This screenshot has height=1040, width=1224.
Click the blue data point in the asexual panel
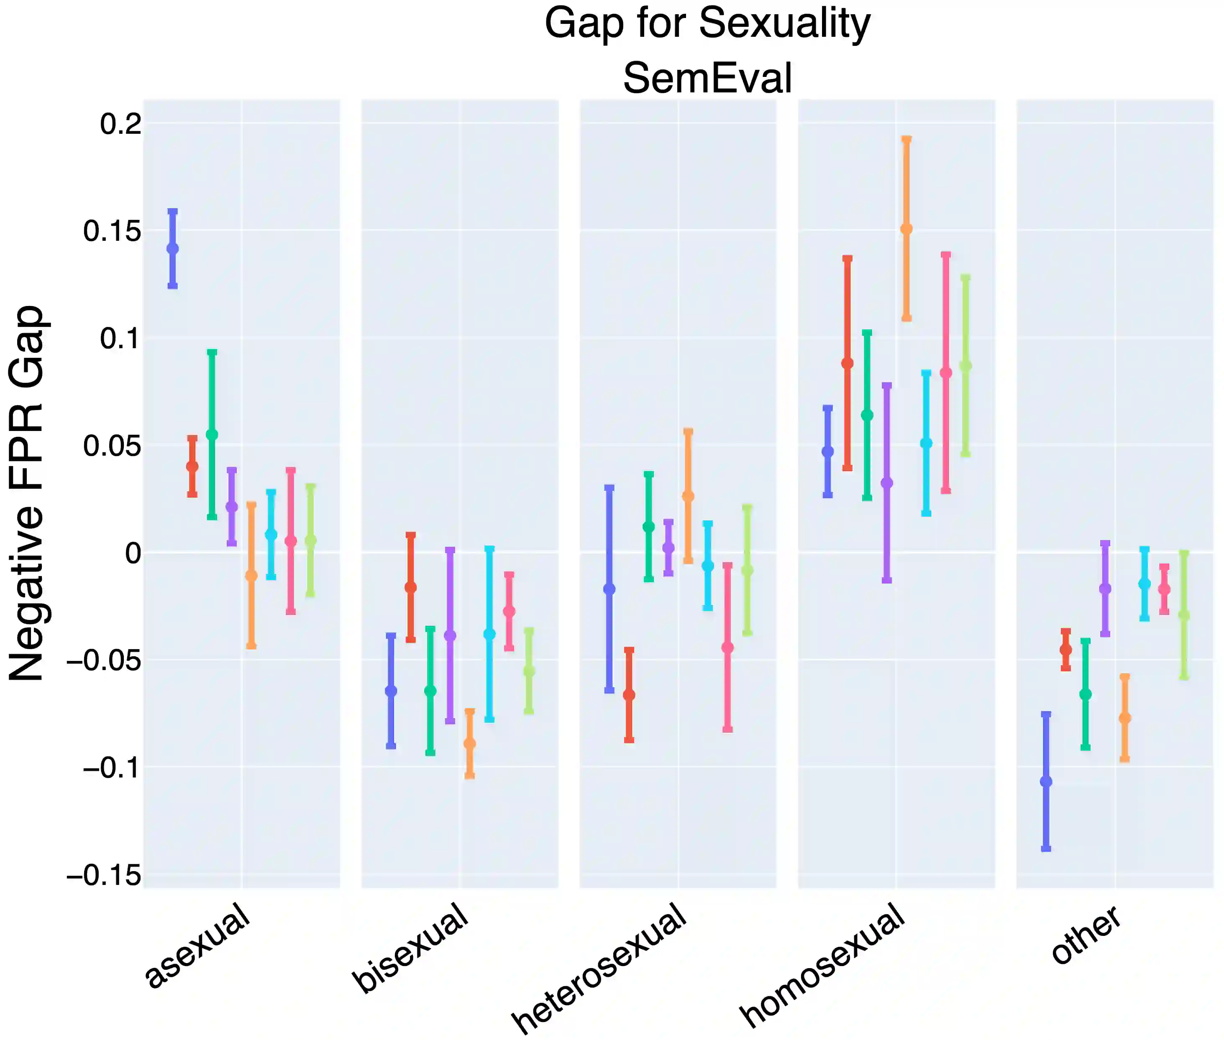click(x=172, y=248)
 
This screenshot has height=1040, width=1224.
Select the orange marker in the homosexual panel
click(x=906, y=229)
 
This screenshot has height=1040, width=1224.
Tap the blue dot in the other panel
click(x=1046, y=781)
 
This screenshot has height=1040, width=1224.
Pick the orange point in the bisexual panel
click(x=469, y=744)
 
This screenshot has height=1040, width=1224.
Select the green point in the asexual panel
click(x=212, y=434)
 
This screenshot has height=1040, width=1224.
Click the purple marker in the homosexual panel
click(x=886, y=483)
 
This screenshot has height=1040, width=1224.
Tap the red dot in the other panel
click(x=1065, y=649)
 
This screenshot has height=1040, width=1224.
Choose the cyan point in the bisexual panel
click(x=489, y=634)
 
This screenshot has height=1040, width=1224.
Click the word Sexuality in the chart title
click(x=784, y=23)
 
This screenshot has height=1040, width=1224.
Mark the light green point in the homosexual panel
click(x=965, y=366)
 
